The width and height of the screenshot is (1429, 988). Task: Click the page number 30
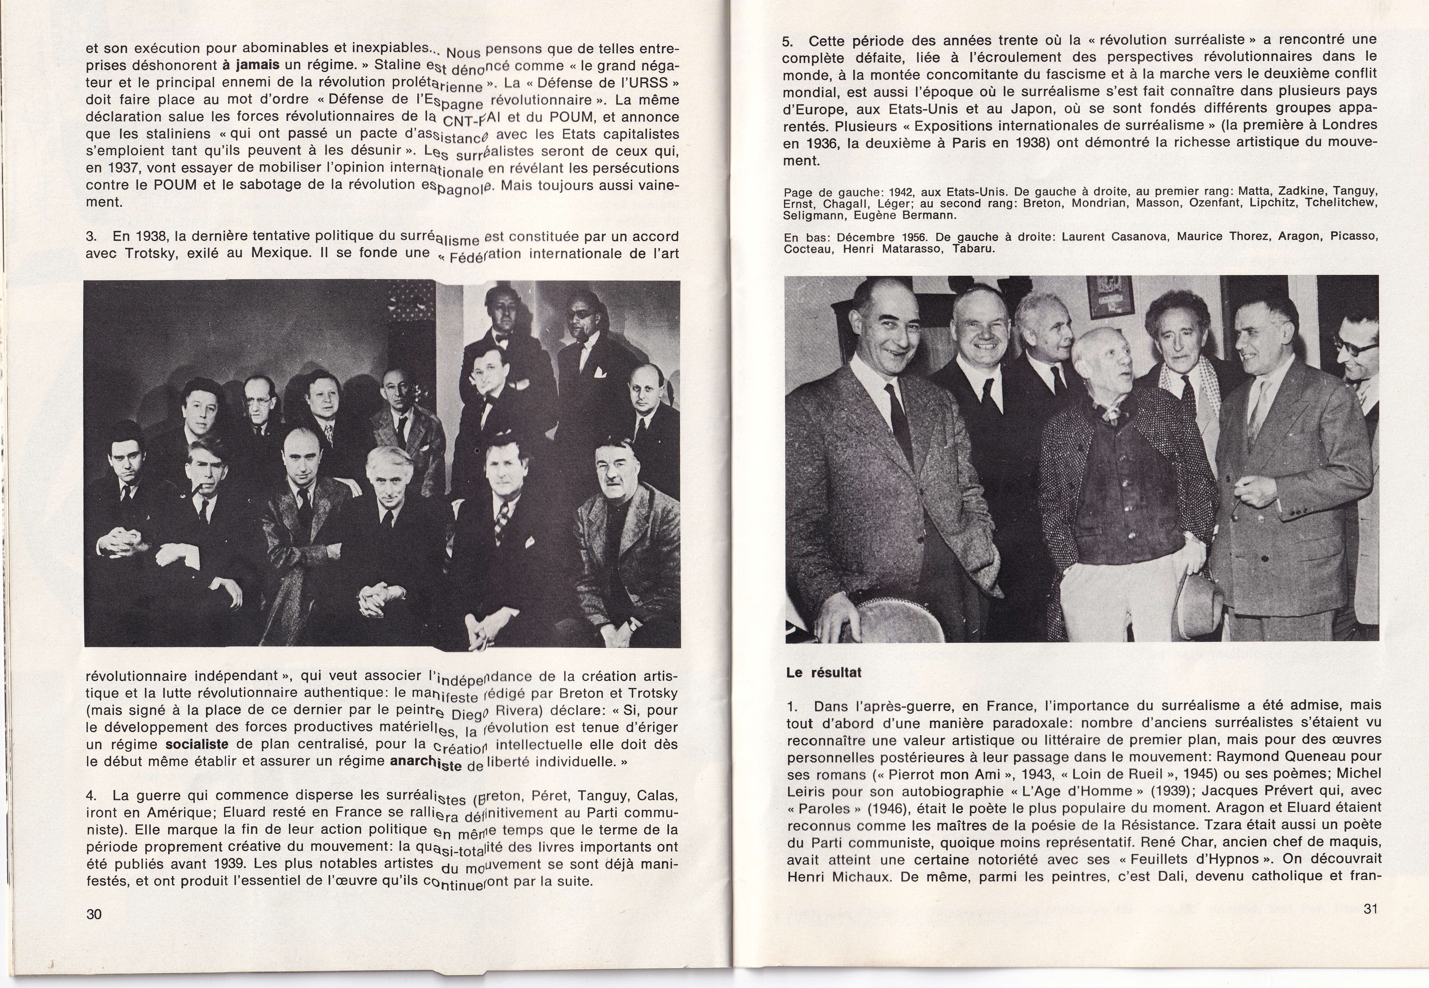point(94,914)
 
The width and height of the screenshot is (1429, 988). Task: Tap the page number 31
point(1370,909)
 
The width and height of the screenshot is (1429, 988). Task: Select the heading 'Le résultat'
point(824,673)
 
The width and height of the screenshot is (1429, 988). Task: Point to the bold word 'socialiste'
point(197,744)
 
